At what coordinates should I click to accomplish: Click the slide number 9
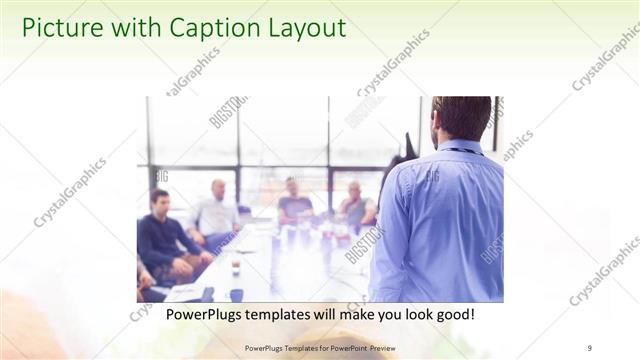tap(590, 347)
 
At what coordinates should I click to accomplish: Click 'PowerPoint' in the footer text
tap(342, 347)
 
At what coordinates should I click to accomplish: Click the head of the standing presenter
tap(461, 117)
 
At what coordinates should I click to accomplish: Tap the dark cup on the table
tap(235, 267)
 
